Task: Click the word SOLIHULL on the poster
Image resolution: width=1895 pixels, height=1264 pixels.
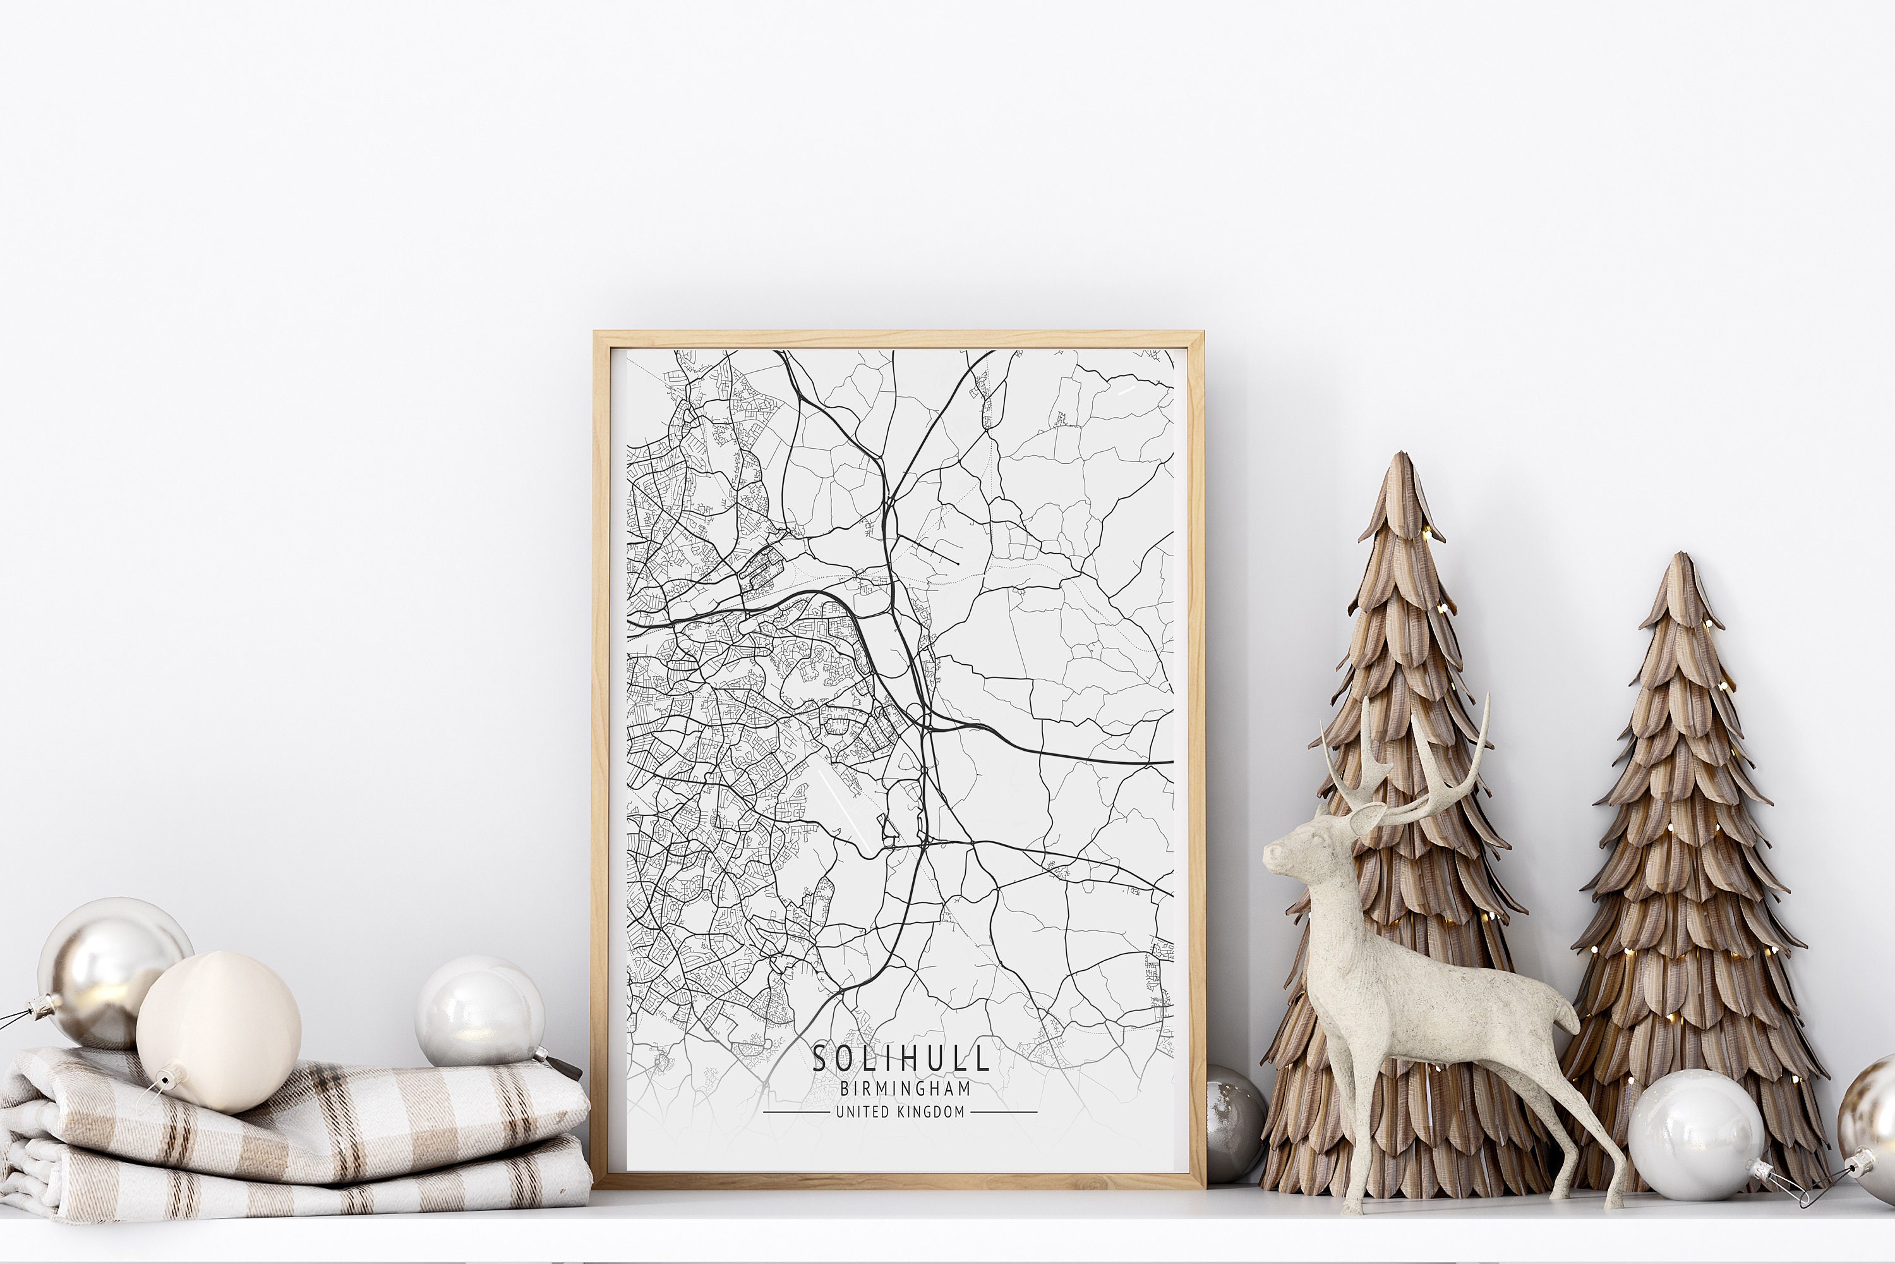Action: [x=900, y=1059]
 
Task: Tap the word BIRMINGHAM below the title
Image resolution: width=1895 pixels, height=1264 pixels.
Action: [x=905, y=1088]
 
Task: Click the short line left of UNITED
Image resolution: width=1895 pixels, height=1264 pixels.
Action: [x=795, y=1112]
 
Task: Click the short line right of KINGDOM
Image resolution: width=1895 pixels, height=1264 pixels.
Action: [x=1003, y=1112]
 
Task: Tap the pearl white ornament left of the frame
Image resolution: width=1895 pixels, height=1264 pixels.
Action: [x=479, y=1012]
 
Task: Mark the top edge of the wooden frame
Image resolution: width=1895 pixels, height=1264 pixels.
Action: [x=898, y=339]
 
